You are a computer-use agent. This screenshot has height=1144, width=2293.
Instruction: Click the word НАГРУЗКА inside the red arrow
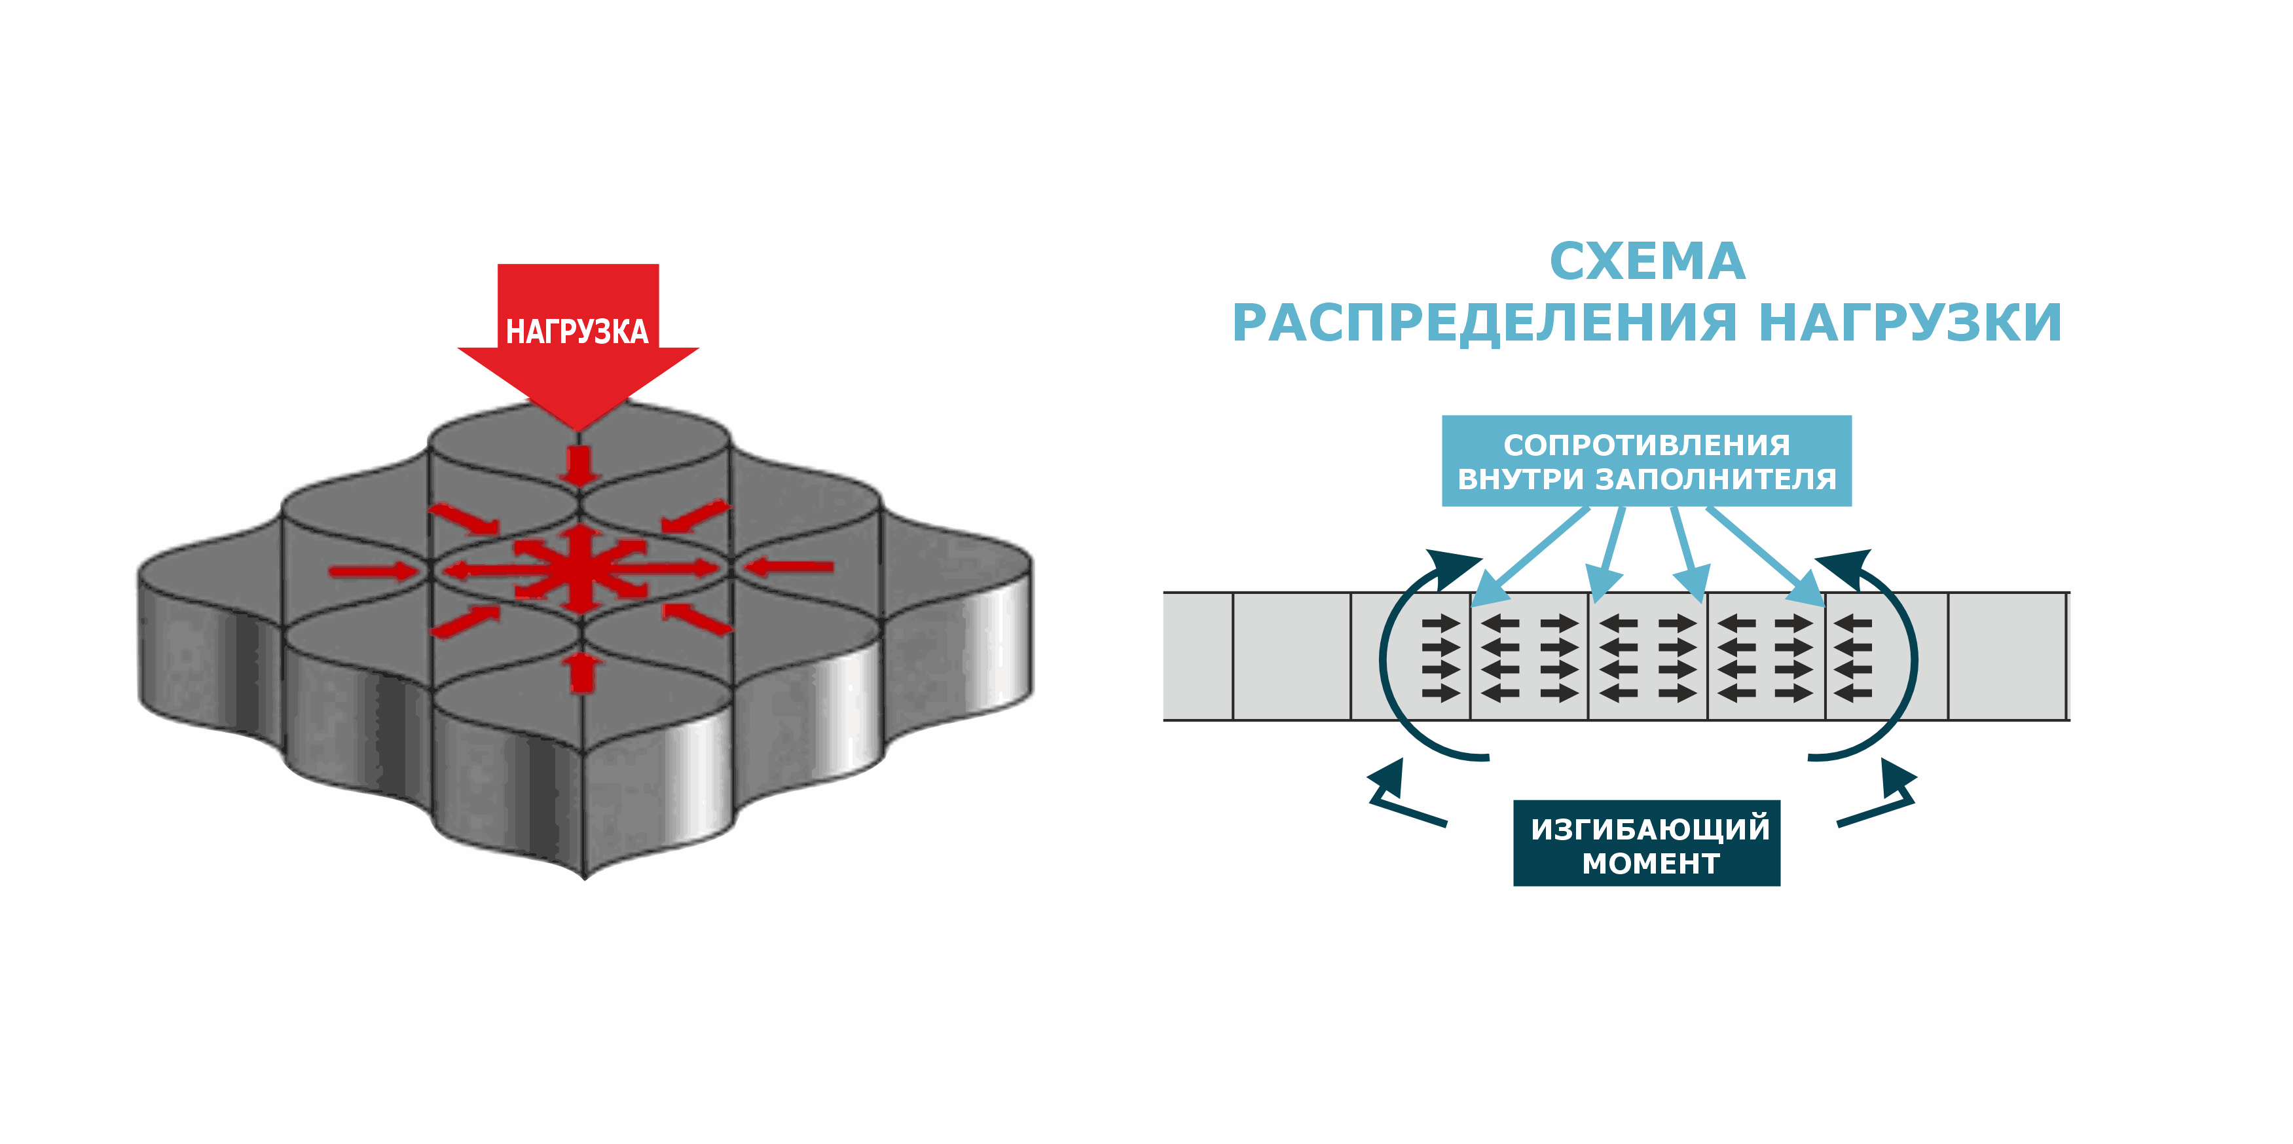(x=577, y=331)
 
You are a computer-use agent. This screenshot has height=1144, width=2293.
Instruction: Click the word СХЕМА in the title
(x=1647, y=262)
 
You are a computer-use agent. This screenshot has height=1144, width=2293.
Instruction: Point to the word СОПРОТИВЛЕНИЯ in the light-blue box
(x=1647, y=444)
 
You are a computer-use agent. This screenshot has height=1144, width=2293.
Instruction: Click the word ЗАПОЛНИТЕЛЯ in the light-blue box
(x=1715, y=479)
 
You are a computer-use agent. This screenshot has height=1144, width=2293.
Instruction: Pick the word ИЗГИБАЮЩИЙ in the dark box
(x=1650, y=829)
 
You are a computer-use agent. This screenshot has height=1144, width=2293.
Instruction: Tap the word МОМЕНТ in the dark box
(x=1650, y=864)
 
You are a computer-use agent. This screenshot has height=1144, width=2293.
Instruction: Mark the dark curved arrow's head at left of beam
(x=1451, y=567)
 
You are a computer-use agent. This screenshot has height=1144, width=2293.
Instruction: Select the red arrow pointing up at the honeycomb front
(x=581, y=671)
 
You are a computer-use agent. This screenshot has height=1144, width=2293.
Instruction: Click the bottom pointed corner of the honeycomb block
(x=585, y=876)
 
